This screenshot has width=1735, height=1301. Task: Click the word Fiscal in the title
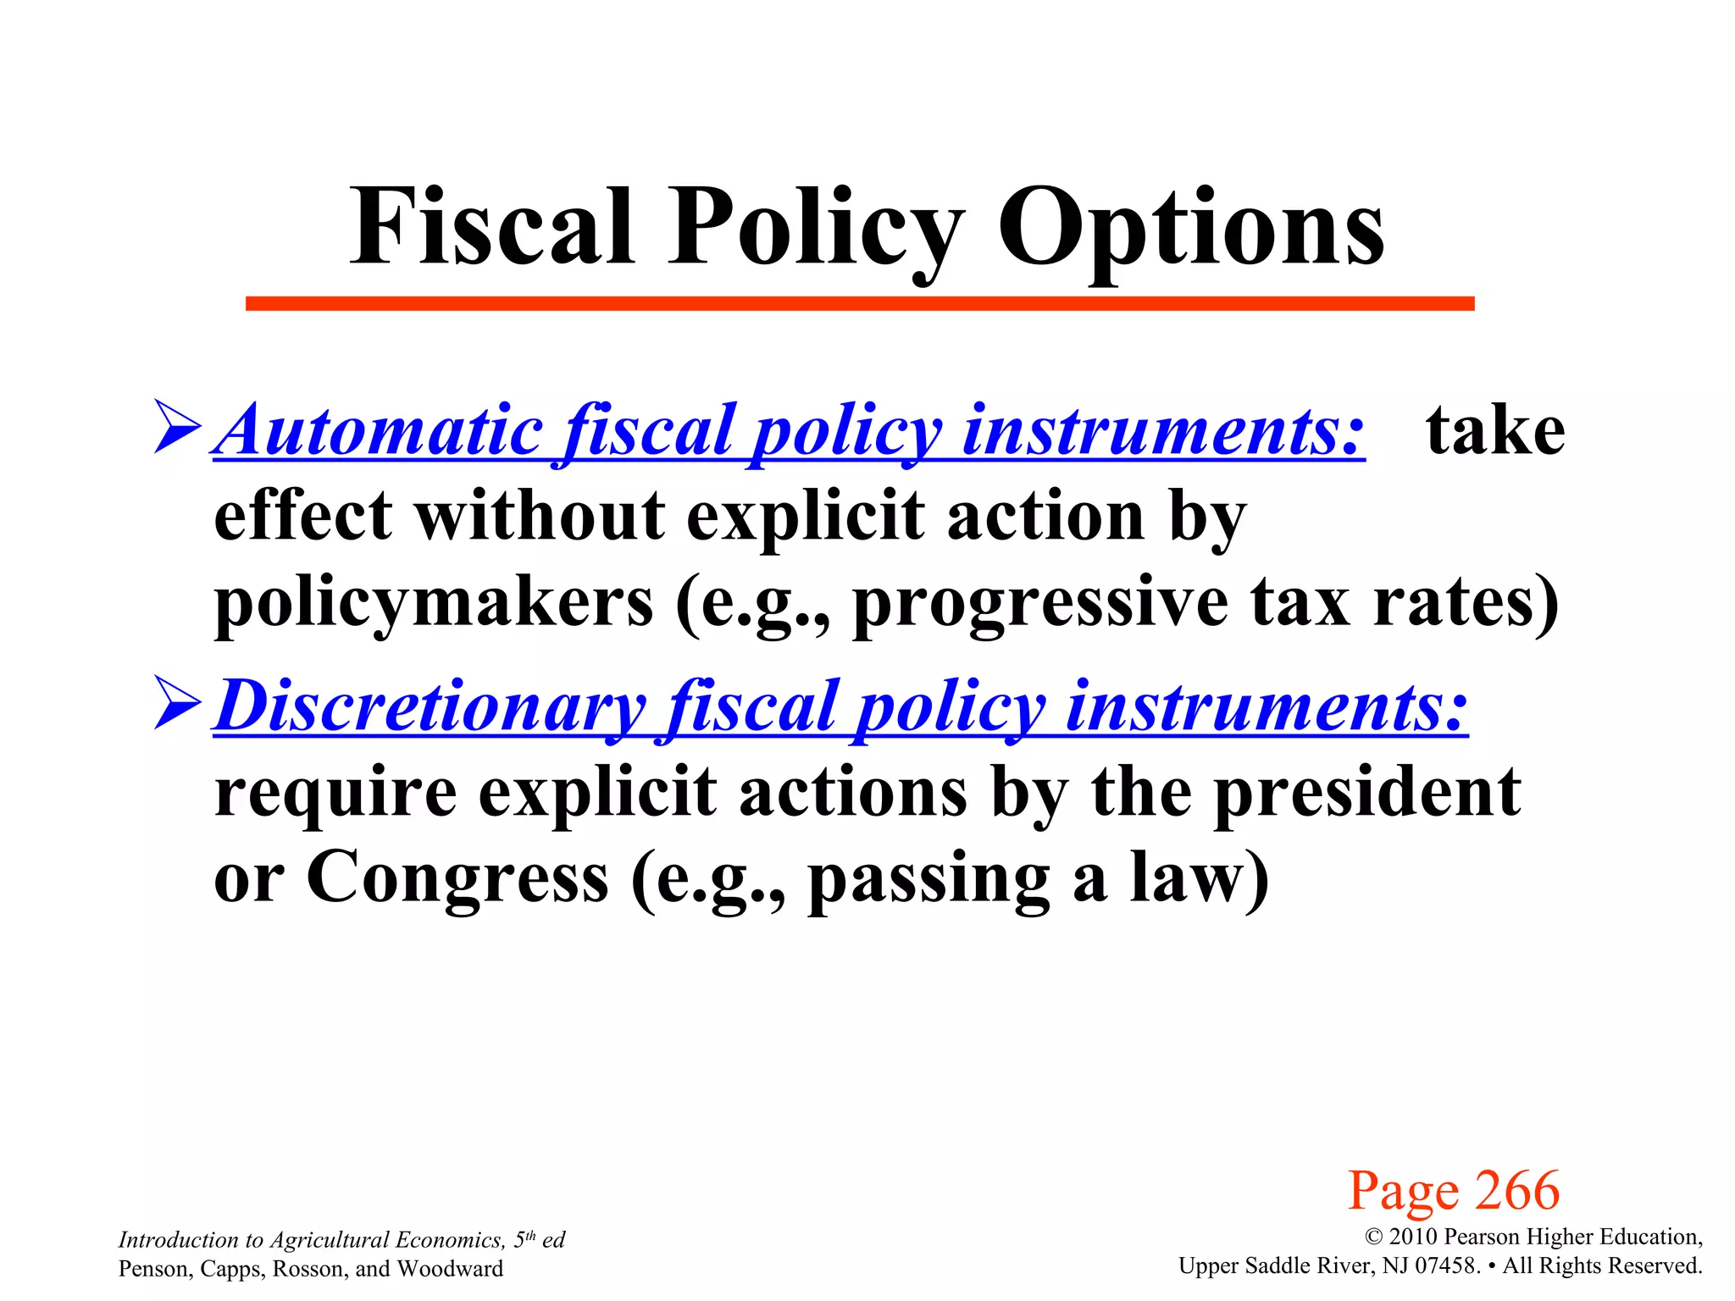(x=492, y=226)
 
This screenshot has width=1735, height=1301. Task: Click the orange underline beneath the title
(x=860, y=303)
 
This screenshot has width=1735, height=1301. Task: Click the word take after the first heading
(x=1495, y=430)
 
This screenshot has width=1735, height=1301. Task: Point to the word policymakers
(x=434, y=603)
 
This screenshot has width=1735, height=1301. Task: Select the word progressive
(x=1040, y=603)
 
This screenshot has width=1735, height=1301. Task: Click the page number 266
(x=1516, y=1190)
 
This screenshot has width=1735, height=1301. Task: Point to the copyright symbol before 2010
(x=1373, y=1237)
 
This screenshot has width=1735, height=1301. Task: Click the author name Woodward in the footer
(x=450, y=1268)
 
